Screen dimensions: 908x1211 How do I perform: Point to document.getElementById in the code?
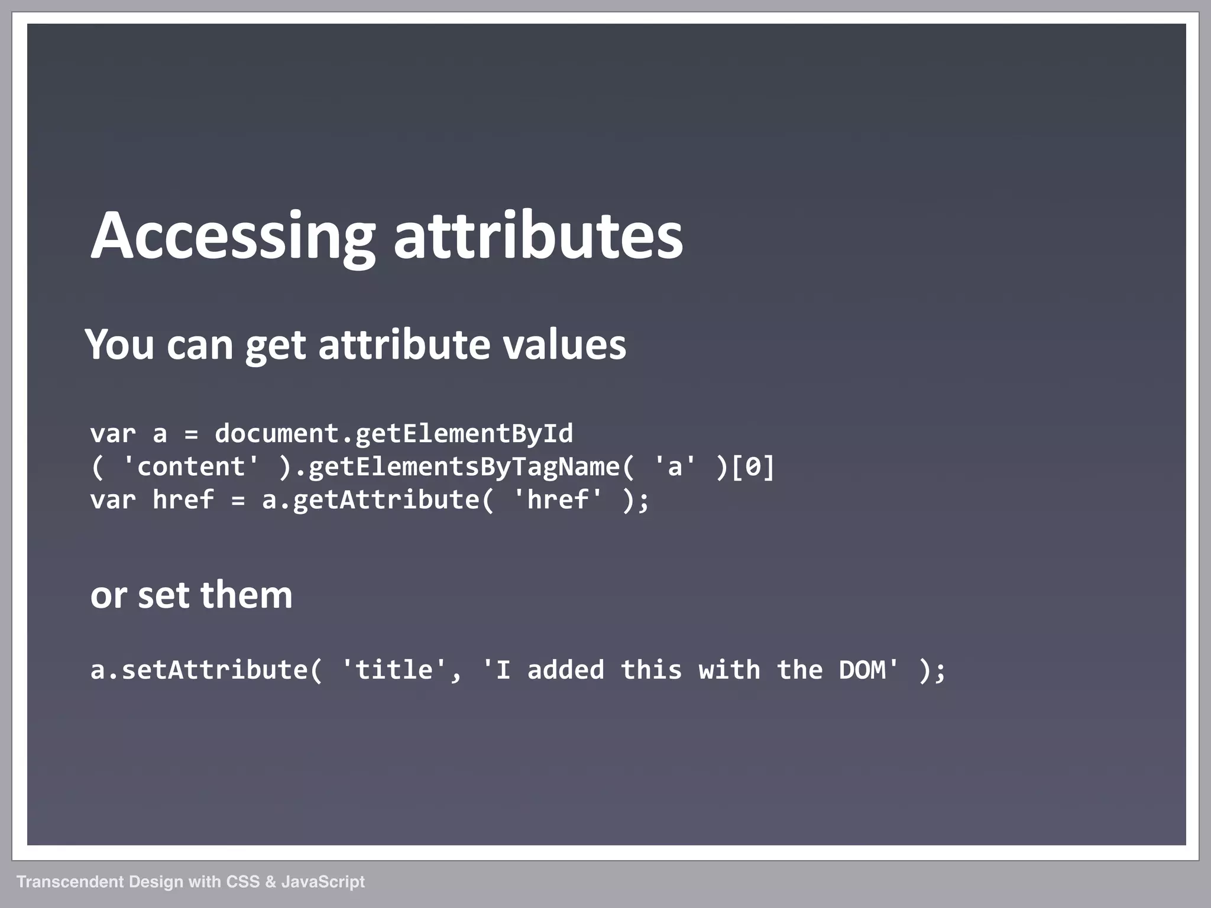(393, 434)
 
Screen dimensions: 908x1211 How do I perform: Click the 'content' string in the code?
(190, 467)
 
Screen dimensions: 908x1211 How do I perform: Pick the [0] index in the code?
(753, 467)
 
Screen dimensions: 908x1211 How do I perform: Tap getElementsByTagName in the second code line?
(464, 467)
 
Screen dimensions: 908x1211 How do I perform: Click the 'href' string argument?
(557, 500)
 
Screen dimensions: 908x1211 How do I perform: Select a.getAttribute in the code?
(370, 500)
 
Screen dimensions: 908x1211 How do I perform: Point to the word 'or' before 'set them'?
(108, 596)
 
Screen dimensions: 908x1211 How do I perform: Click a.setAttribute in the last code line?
(199, 670)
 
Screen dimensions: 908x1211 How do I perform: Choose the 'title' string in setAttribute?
(394, 670)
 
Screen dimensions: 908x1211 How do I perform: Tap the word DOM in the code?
(862, 670)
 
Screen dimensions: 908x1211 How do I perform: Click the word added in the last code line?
(565, 670)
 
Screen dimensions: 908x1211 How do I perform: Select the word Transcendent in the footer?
(70, 882)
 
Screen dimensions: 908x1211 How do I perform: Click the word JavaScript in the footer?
(323, 882)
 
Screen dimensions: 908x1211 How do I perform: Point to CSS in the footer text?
(243, 882)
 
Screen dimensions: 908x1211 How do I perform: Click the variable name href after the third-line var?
(183, 500)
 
